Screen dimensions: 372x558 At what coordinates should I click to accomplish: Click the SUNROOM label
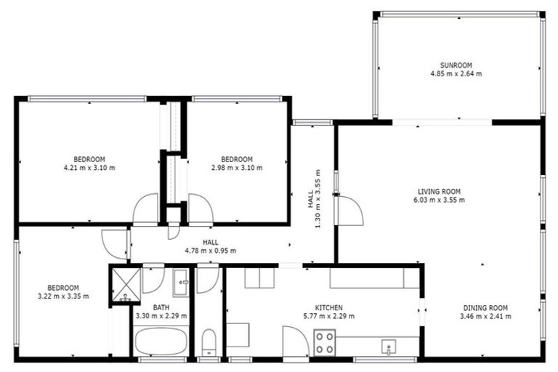[x=456, y=65]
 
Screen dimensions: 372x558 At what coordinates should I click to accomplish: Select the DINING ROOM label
[x=485, y=307]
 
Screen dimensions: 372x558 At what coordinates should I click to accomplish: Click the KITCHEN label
[x=328, y=307]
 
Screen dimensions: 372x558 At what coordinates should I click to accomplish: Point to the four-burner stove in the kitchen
[x=325, y=342]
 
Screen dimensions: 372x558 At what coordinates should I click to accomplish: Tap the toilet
[x=209, y=342]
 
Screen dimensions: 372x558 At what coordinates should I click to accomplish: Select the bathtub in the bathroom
[x=161, y=341]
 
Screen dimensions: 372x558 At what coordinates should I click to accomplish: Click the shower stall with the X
[x=125, y=283]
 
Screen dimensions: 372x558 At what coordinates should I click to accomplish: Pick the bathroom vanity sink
[x=181, y=280]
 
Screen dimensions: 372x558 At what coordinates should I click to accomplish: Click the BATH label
[x=161, y=307]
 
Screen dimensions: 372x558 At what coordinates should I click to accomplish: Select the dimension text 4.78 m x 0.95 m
[x=210, y=251]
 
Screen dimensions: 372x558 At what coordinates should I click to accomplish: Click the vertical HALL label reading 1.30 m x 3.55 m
[x=313, y=210]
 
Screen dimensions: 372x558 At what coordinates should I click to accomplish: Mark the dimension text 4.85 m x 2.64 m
[x=456, y=73]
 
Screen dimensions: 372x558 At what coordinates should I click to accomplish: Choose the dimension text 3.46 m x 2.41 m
[x=485, y=316]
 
